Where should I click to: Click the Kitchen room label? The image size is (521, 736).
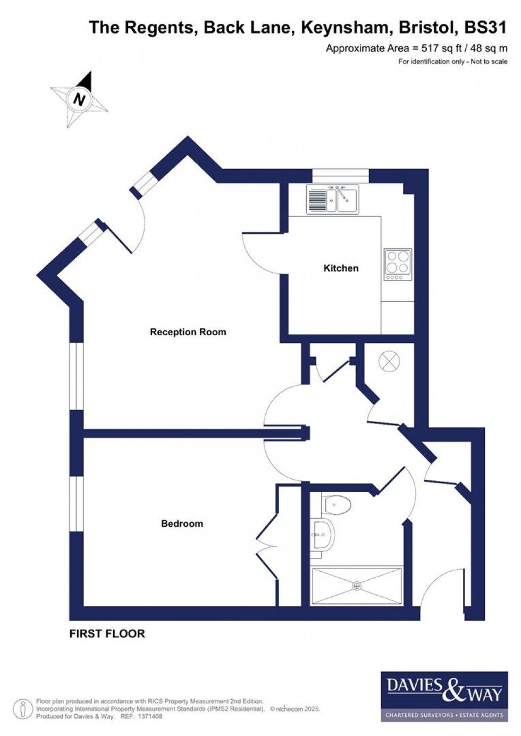pyautogui.click(x=341, y=268)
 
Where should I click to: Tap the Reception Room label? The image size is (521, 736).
pyautogui.click(x=188, y=332)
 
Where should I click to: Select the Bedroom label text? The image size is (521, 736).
pyautogui.click(x=182, y=523)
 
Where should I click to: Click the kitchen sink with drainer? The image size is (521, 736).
pyautogui.click(x=332, y=199)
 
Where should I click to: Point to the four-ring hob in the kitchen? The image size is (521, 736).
pyautogui.click(x=398, y=264)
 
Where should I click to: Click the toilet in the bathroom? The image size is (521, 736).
pyautogui.click(x=337, y=503)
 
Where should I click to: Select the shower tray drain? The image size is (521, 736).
pyautogui.click(x=356, y=586)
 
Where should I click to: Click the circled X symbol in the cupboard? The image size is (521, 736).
pyautogui.click(x=389, y=362)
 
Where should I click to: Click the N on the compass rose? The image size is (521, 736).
pyautogui.click(x=80, y=99)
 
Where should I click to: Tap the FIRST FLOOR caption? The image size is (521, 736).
pyautogui.click(x=107, y=633)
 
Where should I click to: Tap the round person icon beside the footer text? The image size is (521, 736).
pyautogui.click(x=22, y=709)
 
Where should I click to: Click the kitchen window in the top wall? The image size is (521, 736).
pyautogui.click(x=340, y=175)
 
